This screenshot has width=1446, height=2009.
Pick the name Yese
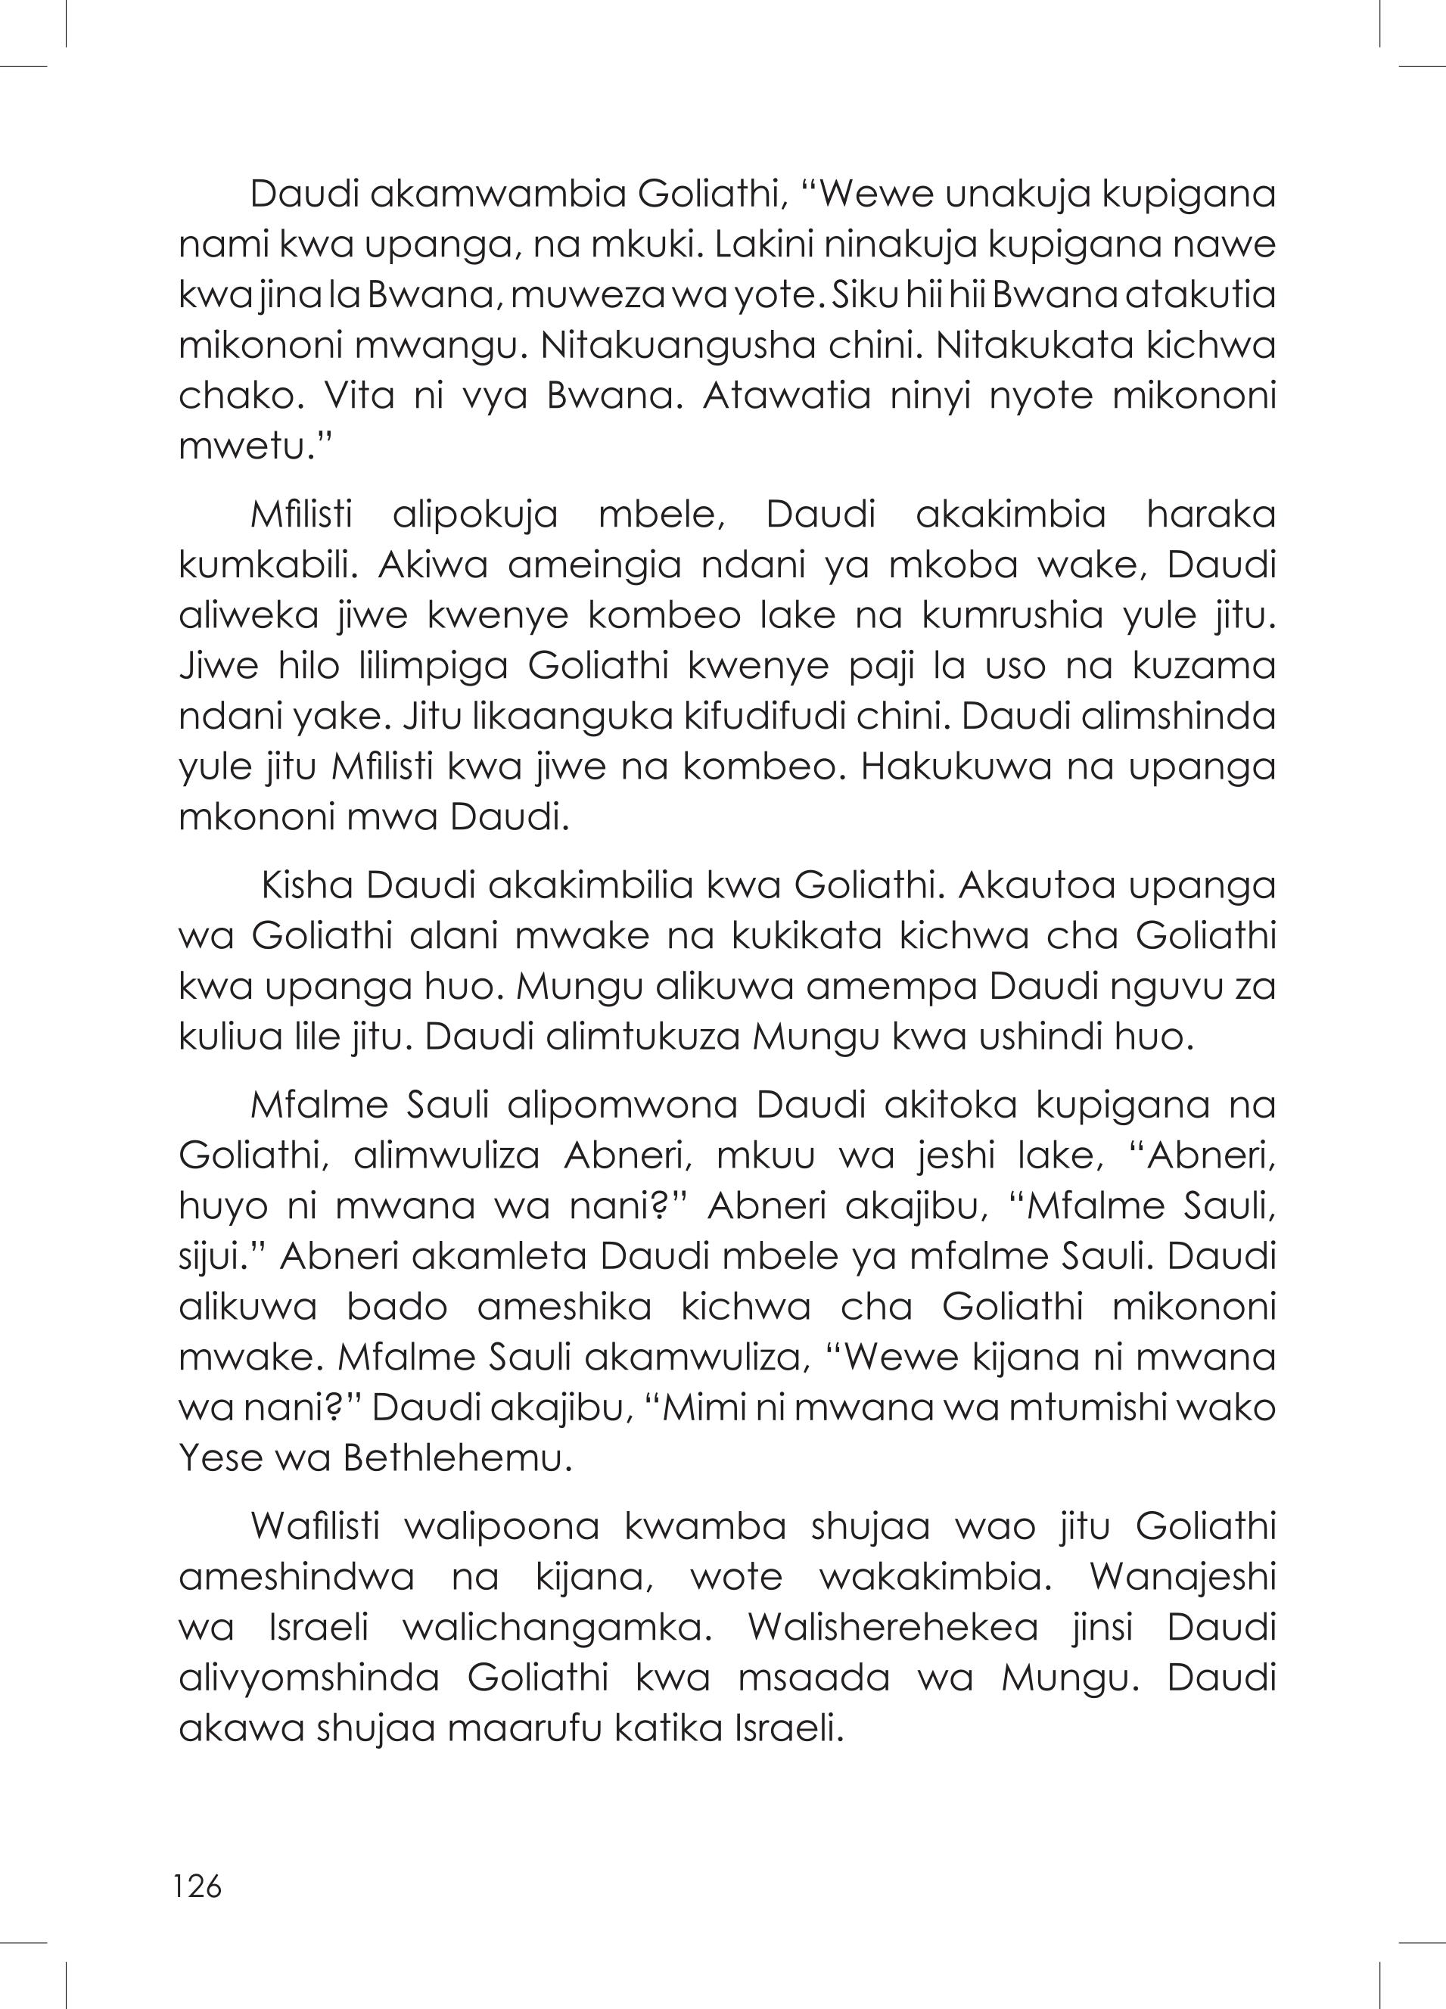(x=219, y=1459)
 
